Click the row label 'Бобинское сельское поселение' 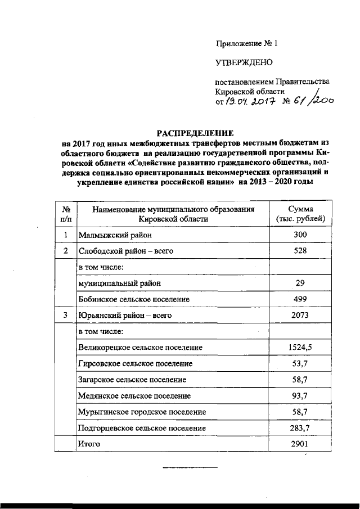pos(134,299)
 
